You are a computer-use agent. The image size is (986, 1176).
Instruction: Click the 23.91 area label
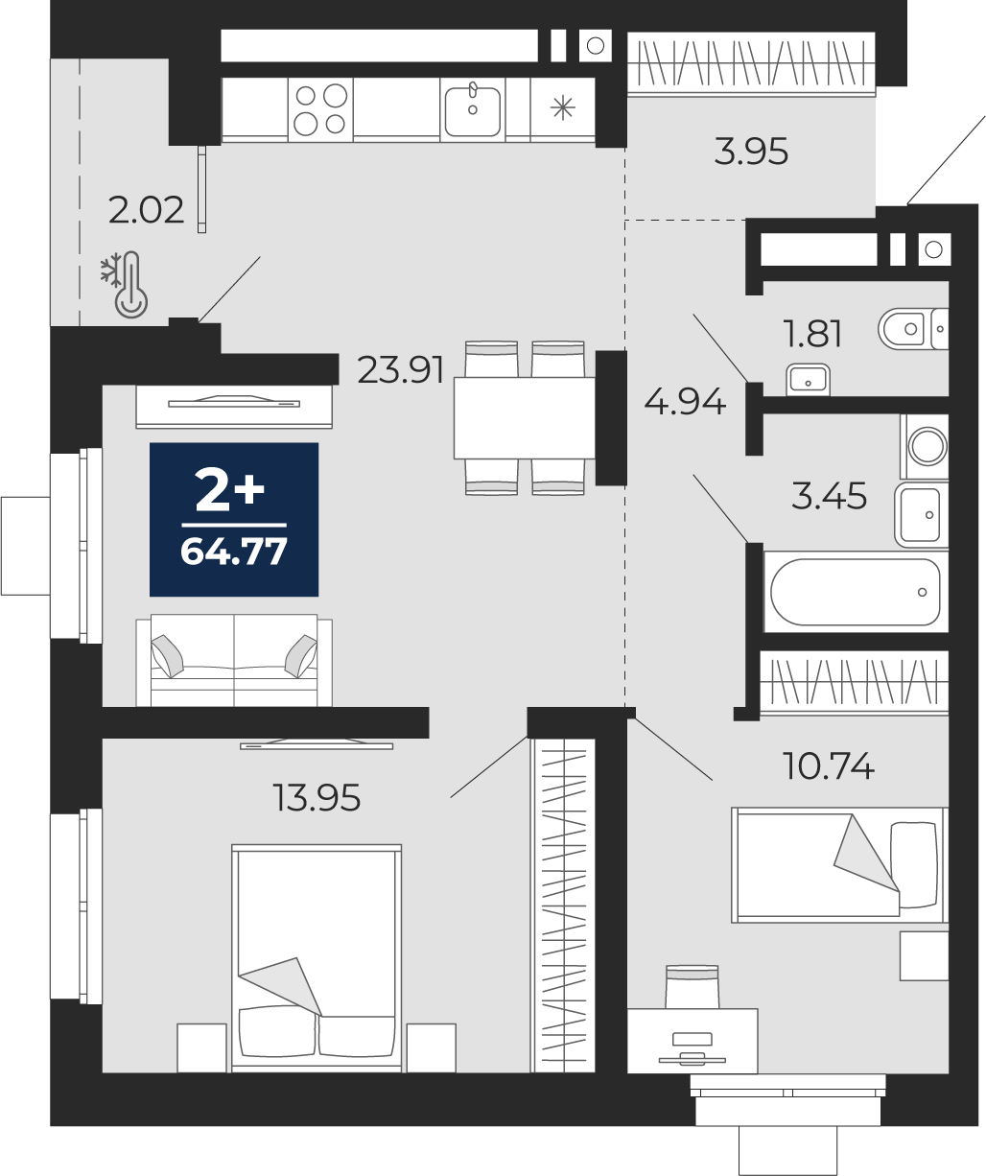(400, 370)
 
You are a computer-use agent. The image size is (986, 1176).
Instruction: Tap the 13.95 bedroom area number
(317, 798)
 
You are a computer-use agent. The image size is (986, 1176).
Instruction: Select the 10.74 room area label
(829, 766)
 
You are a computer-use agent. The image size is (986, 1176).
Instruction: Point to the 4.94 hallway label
(684, 402)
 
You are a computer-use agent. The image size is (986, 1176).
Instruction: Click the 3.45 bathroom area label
(829, 496)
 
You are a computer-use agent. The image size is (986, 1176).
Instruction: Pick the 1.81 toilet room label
(812, 334)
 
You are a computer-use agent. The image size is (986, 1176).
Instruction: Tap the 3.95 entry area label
(751, 152)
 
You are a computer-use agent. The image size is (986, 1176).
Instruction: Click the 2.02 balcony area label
(146, 210)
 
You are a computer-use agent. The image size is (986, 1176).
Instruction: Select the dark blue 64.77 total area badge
(234, 519)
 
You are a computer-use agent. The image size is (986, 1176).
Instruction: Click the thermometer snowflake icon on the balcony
(125, 285)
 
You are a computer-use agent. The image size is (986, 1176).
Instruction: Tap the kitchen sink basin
(473, 111)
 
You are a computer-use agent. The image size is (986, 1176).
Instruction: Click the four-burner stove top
(320, 109)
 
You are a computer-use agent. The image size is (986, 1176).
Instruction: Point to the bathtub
(856, 592)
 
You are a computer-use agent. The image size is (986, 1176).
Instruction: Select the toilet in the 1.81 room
(913, 328)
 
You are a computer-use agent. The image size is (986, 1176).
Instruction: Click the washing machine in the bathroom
(925, 446)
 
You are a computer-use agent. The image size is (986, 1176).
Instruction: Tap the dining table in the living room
(525, 418)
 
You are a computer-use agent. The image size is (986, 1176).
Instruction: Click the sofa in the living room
(234, 660)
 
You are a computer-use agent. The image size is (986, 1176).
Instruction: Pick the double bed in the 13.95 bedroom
(317, 957)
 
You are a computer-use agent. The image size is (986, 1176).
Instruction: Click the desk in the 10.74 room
(693, 1041)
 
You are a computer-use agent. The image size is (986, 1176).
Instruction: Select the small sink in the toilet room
(808, 380)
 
